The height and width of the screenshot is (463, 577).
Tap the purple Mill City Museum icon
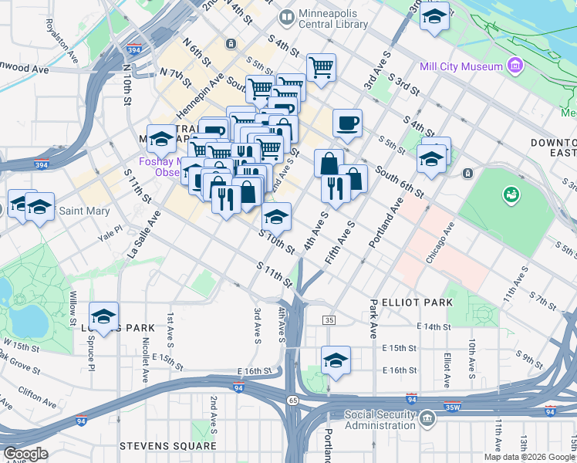(515, 66)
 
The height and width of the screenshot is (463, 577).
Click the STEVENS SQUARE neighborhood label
(167, 446)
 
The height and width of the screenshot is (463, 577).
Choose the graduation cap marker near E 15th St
(336, 360)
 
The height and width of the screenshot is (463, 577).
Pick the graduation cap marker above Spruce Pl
(103, 316)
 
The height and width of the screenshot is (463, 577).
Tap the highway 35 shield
(329, 320)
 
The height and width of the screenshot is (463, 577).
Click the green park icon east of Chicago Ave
(511, 194)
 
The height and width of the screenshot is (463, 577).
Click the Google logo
(25, 454)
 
